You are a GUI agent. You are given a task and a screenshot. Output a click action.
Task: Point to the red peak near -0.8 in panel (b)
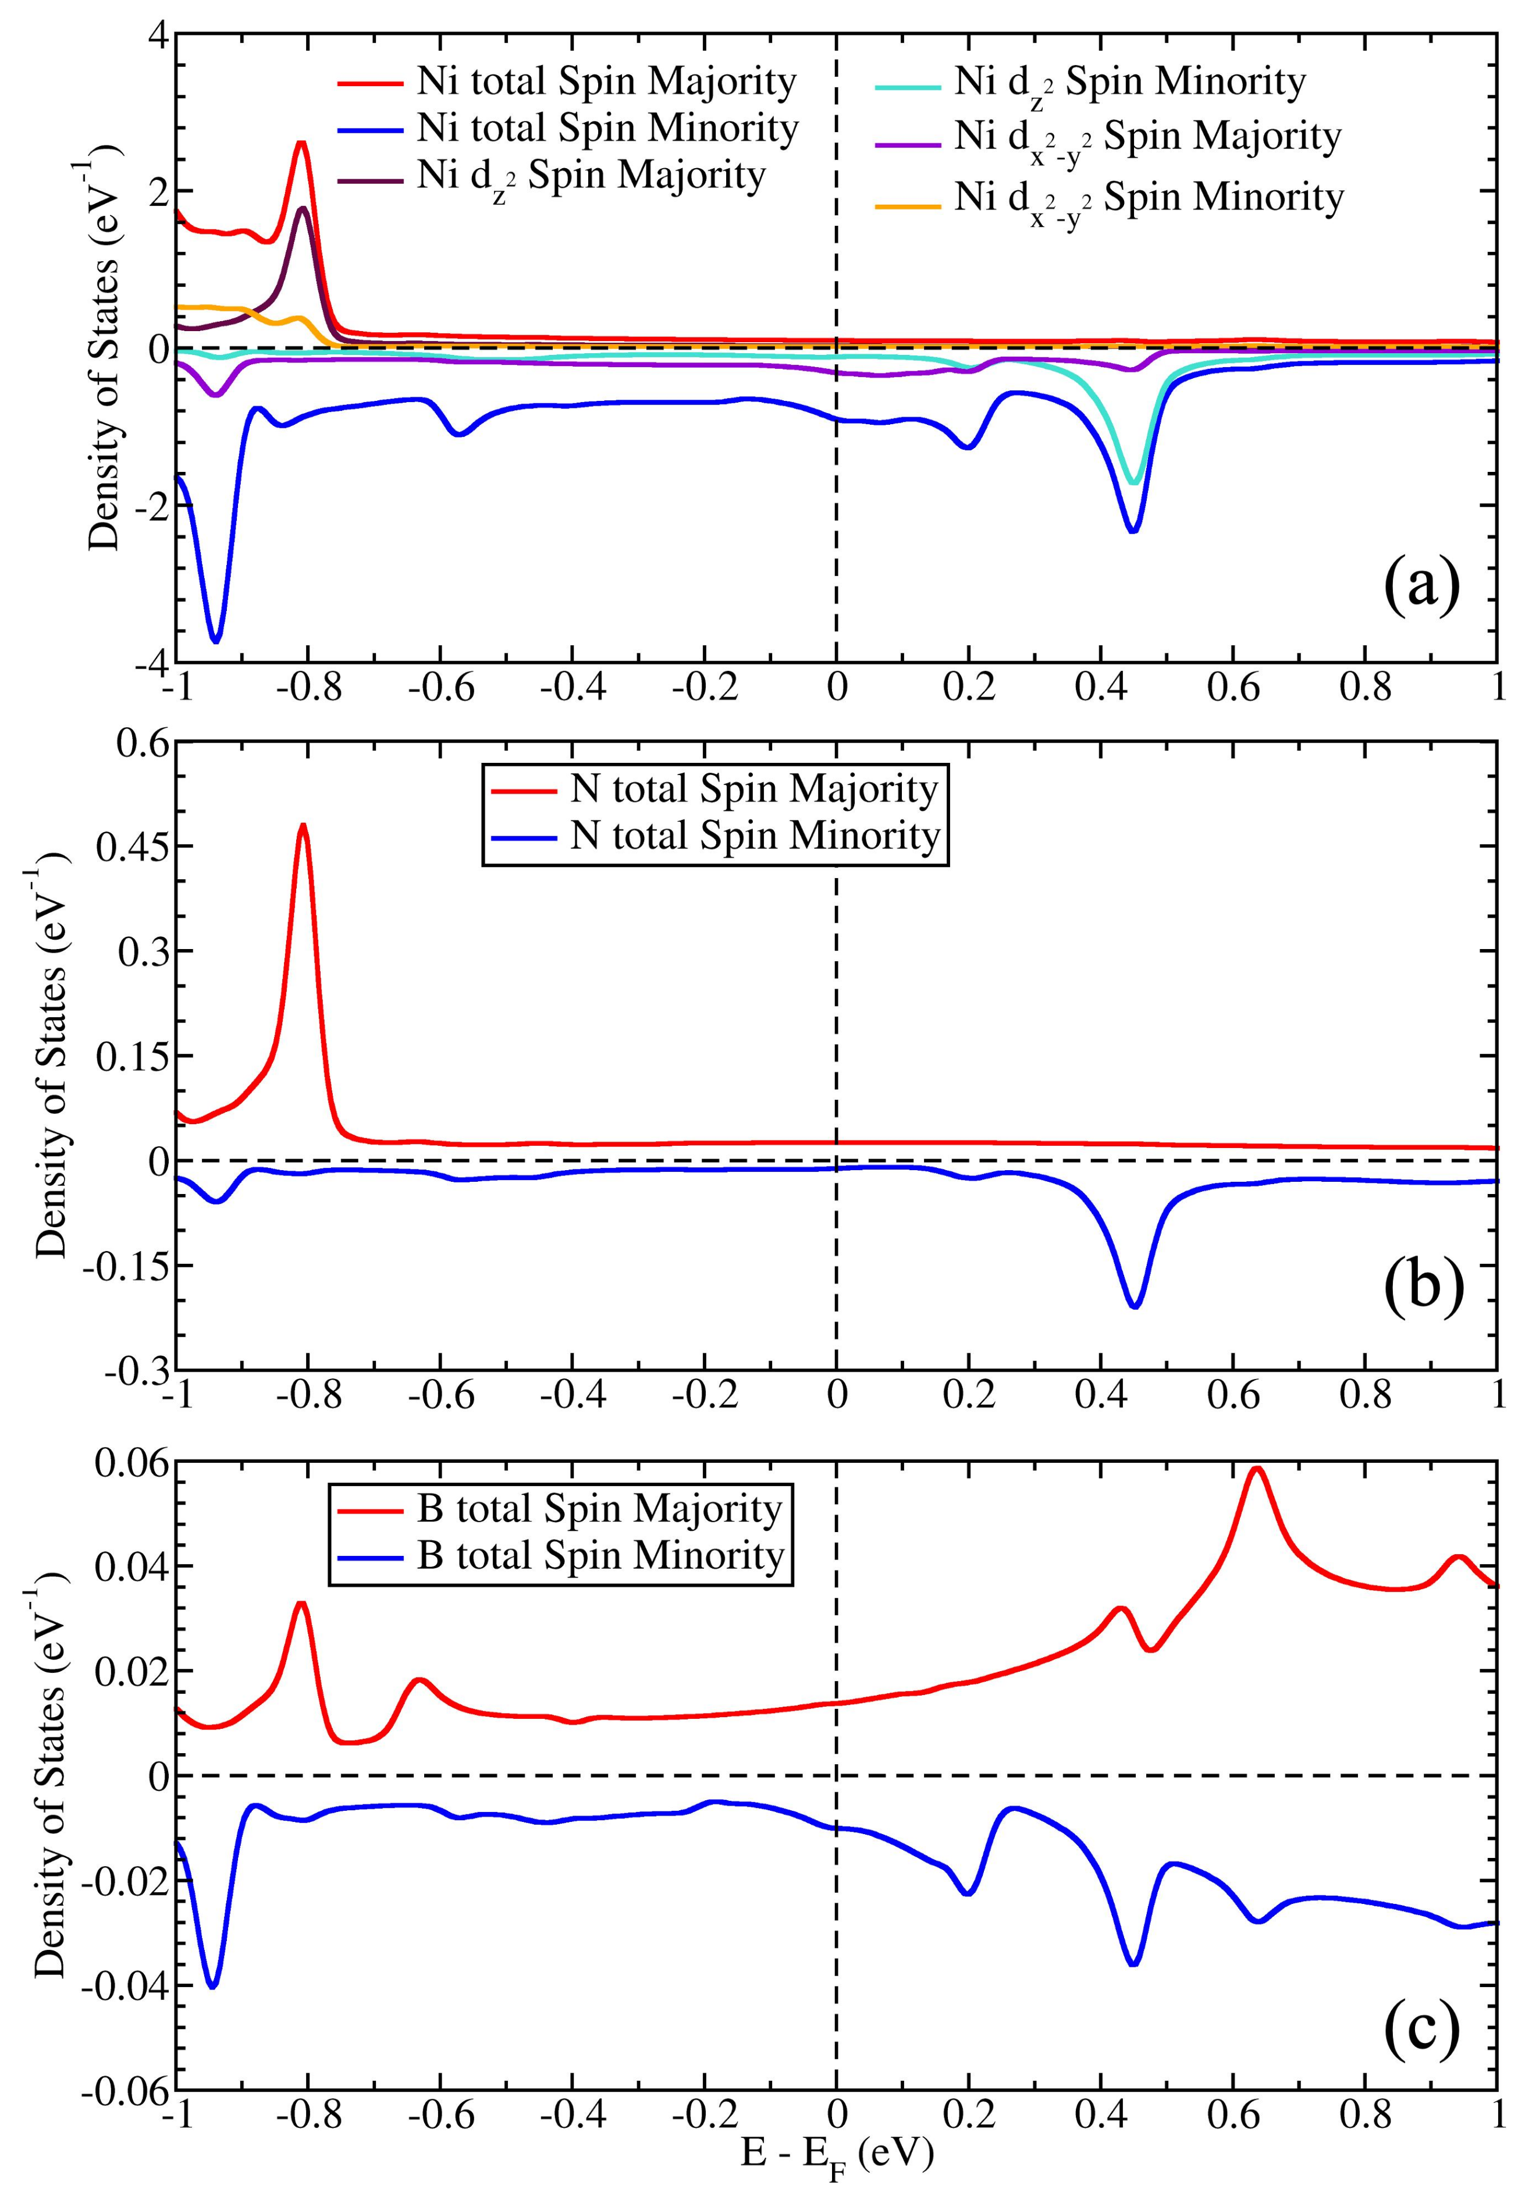[x=303, y=826]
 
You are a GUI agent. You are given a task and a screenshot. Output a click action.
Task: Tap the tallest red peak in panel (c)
[x=1257, y=1468]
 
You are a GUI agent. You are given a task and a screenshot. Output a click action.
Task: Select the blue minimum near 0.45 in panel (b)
[x=1134, y=1306]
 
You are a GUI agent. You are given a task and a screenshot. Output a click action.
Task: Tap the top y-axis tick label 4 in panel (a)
[x=156, y=35]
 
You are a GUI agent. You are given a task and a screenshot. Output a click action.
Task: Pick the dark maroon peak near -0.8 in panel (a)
[x=302, y=208]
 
